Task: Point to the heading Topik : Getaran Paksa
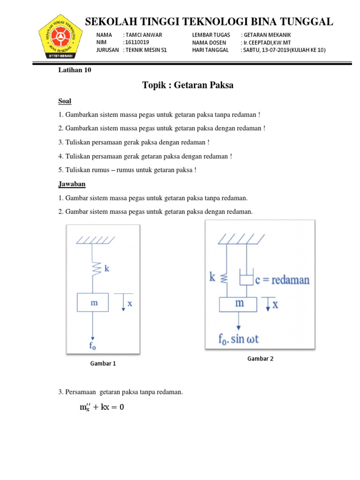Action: (x=187, y=85)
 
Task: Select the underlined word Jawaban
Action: (x=71, y=184)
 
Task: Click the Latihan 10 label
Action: (x=74, y=70)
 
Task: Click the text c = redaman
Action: (x=283, y=280)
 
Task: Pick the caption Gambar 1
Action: (x=103, y=363)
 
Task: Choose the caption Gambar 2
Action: (x=260, y=359)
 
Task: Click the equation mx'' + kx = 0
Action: (x=102, y=407)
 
